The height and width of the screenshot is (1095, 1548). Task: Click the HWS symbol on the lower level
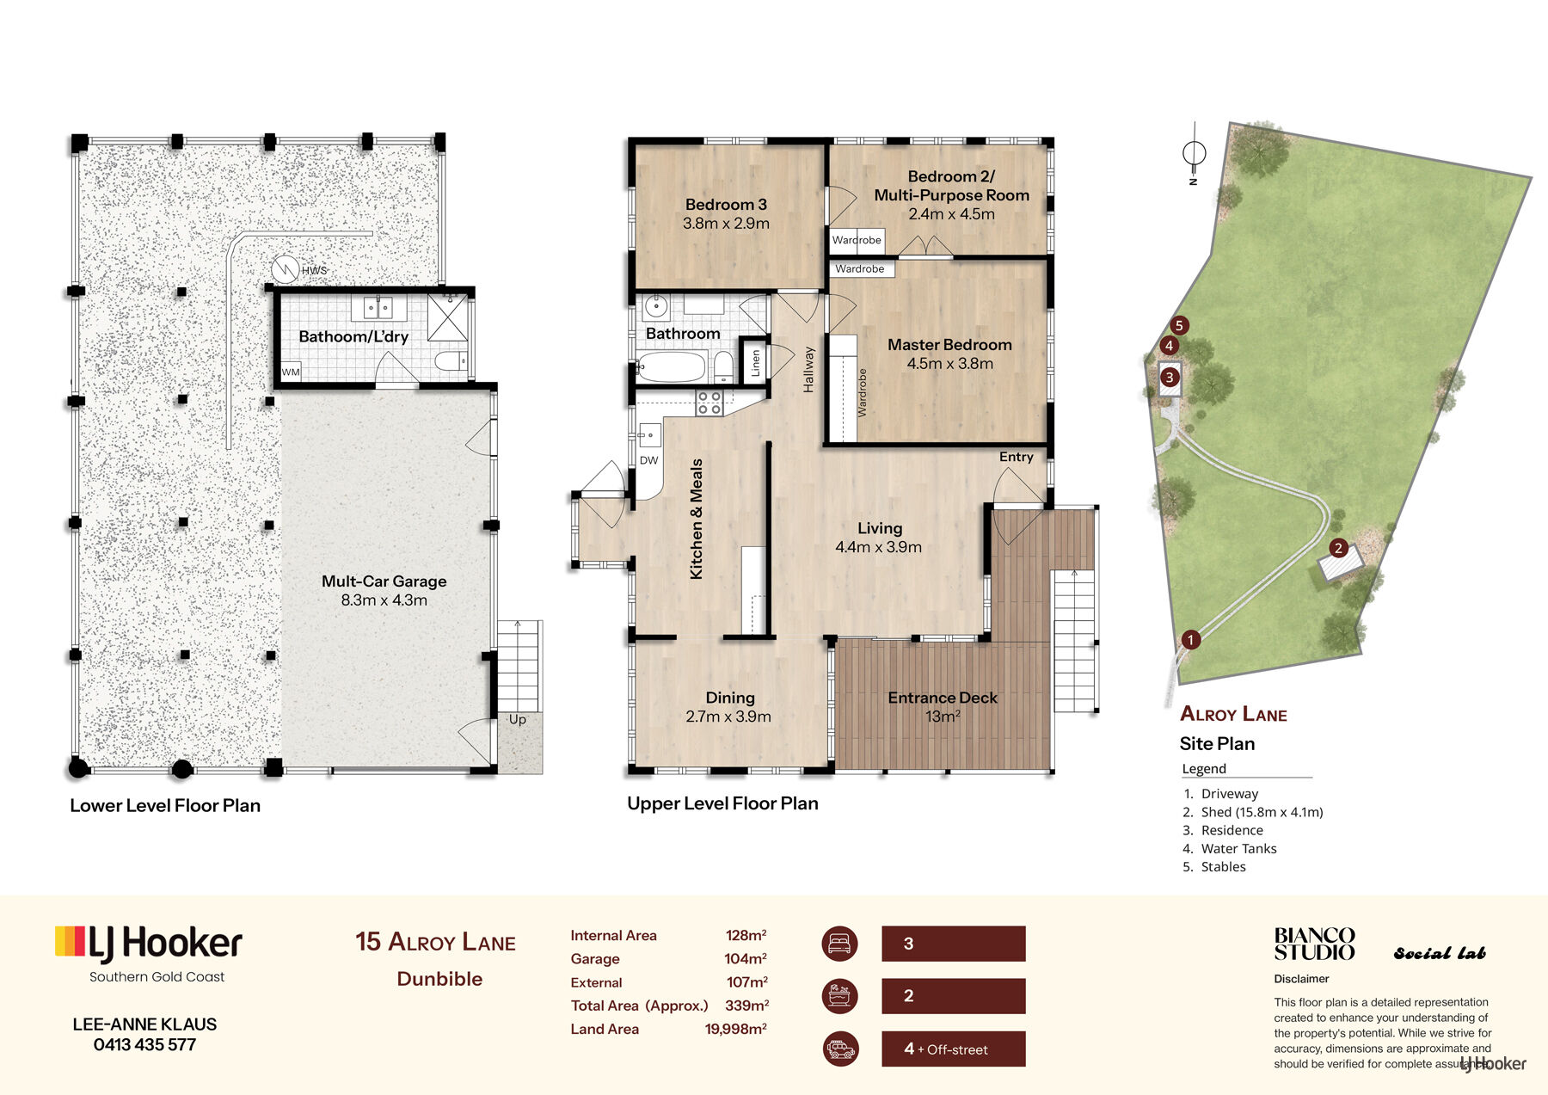[x=285, y=270]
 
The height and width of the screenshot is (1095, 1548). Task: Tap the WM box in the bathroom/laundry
[x=292, y=372]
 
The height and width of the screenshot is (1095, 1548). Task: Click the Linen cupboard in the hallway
[x=755, y=362]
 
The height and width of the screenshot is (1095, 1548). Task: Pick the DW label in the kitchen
[x=648, y=460]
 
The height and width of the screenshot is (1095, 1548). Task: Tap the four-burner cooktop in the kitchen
[x=709, y=403]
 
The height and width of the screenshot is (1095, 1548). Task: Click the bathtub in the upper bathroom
[x=672, y=367]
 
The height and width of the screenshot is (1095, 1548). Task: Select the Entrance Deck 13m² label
[x=943, y=706]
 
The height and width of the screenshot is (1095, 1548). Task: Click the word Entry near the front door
[x=1016, y=457]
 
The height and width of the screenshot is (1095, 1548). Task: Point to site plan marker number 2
[x=1337, y=548]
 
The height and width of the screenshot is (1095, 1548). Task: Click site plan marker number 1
[x=1190, y=639]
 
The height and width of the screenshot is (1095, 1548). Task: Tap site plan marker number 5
[x=1179, y=325]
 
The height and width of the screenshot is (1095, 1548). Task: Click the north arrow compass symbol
[x=1194, y=153]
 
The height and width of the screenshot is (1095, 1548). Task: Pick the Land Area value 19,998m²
[x=736, y=1029]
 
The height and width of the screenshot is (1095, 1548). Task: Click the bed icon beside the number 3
[x=840, y=944]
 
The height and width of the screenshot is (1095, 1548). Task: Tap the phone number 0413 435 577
[x=144, y=1044]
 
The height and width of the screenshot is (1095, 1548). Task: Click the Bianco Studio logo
[x=1314, y=944]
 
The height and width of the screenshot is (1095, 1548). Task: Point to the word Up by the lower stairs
[x=517, y=719]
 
